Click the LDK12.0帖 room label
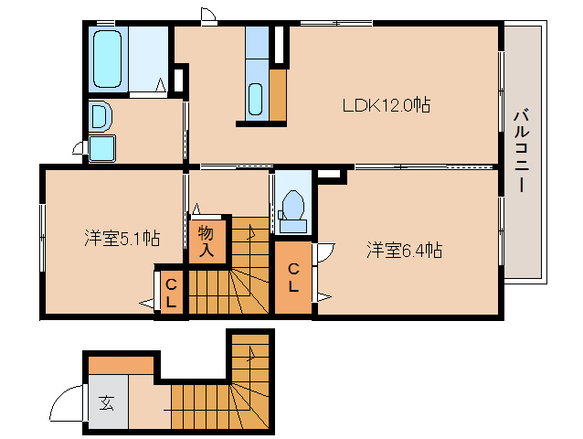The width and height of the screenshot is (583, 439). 386,105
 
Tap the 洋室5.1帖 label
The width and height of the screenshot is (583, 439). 122,239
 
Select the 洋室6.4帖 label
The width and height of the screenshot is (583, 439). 405,249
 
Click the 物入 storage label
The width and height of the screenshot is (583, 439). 206,240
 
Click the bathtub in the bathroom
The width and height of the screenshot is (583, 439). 108,57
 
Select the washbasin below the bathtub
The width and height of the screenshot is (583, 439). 100,117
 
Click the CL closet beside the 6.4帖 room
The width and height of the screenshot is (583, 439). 293,277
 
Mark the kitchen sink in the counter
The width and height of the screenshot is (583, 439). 256,95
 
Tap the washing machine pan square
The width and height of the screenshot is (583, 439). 101,148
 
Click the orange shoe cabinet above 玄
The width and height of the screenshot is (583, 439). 121,365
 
